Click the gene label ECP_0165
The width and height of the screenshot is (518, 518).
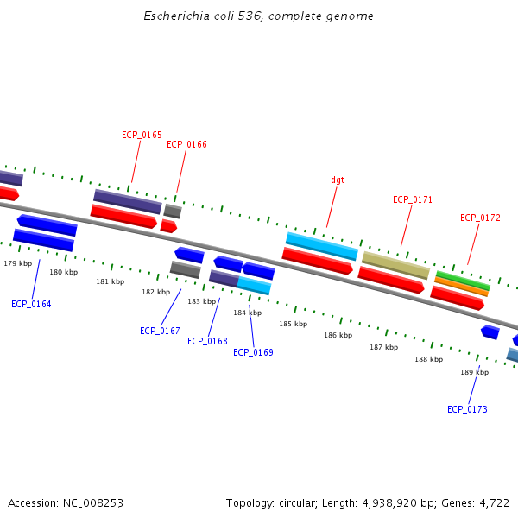pos(142,135)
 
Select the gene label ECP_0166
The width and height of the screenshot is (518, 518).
pos(186,145)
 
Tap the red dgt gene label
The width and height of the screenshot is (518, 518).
pos(338,180)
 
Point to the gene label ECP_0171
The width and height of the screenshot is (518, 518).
pos(413,200)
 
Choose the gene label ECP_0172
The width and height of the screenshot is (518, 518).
pos(480,218)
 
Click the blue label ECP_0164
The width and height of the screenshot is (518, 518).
pos(31,304)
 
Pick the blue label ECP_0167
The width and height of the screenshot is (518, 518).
pos(160,331)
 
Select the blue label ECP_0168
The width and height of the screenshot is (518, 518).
pos(207,341)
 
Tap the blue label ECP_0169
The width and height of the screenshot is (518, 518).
pos(253,352)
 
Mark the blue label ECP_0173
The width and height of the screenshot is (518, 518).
pos(467,409)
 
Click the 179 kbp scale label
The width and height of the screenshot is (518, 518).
pos(18,263)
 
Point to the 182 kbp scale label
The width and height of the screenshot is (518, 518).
pos(156,292)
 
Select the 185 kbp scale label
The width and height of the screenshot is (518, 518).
pos(293,324)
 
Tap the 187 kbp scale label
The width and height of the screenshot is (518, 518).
pos(384,347)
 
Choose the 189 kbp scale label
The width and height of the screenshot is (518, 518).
pos(474,372)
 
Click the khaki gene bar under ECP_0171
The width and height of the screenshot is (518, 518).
pos(395,265)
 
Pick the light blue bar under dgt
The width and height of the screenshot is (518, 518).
pos(322,246)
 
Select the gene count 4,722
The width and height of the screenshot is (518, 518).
pos(494,502)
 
